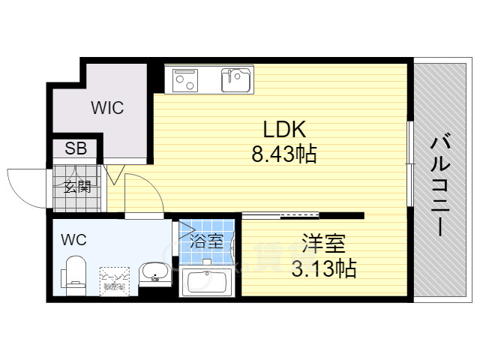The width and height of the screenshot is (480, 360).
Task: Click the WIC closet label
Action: pos(108,107)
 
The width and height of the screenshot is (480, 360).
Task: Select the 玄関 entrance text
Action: pos(77,187)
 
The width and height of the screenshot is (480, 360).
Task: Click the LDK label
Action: pos(283,127)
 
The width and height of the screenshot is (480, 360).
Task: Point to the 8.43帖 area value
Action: pos(283,154)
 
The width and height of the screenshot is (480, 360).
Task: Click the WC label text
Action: pos(73,240)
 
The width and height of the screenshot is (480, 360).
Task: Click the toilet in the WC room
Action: pos(76,273)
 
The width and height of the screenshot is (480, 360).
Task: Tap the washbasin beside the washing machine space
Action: pos(154,273)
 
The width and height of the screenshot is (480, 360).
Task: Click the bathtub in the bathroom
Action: pos(207,283)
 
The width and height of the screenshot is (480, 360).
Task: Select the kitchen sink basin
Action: pos(236,78)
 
